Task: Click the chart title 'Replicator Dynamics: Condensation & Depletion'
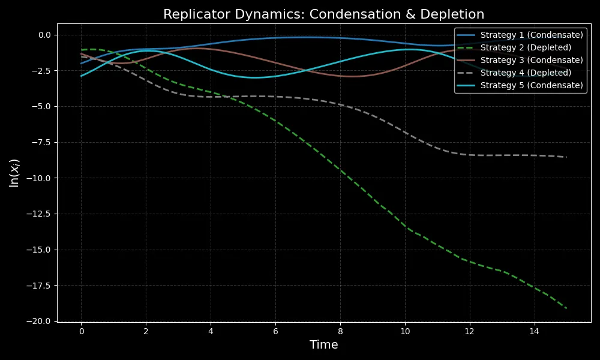coord(323,14)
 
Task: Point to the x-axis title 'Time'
coord(323,345)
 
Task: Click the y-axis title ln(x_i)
coord(14,173)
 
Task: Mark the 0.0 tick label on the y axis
coord(44,35)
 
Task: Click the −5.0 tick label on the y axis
coord(42,107)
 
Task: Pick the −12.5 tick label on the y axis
coord(40,214)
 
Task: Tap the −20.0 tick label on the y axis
coord(40,322)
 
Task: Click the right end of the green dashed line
coord(566,308)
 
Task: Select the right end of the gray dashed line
coord(566,157)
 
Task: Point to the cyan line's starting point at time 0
coord(81,76)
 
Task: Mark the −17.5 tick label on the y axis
coord(40,286)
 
